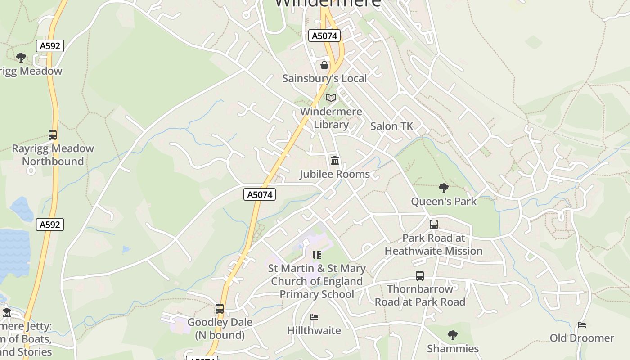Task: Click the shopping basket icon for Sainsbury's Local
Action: [324, 66]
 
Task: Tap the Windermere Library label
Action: [331, 118]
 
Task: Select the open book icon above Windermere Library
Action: [331, 98]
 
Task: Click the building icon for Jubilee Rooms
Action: [335, 160]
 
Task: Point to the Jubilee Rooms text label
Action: [334, 174]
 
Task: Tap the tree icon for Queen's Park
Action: [443, 188]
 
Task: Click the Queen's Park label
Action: [443, 201]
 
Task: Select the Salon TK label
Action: [391, 126]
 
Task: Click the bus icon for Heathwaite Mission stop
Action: [434, 224]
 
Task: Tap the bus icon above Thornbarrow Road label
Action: [420, 276]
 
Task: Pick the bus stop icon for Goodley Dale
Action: [220, 309]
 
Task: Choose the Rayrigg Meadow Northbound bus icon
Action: [53, 135]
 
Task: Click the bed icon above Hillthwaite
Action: [314, 317]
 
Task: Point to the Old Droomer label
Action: [581, 338]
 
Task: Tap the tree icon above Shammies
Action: [453, 335]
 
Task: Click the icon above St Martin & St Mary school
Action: [317, 255]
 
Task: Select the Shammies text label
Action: [453, 349]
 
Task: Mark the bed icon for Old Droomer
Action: [582, 324]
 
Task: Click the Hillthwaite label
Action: [314, 331]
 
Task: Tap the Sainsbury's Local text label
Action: [324, 78]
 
